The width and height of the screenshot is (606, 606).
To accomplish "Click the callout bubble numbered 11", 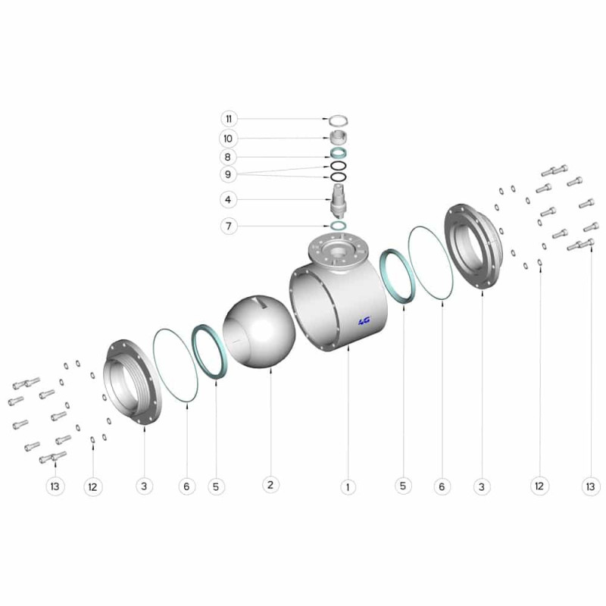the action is (229, 119).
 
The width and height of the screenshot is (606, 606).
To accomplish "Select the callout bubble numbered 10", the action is (228, 139).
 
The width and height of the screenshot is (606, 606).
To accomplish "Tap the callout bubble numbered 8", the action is (228, 157).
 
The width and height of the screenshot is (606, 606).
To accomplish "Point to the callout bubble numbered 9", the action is (228, 174).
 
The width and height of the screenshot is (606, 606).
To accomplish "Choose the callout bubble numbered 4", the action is (228, 200).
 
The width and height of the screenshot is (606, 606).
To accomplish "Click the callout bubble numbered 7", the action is (229, 226).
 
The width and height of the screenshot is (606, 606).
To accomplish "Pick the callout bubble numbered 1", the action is (348, 487).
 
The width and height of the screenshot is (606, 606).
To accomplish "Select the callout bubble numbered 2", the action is (270, 485).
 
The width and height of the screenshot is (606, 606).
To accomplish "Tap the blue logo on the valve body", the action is (364, 320).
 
